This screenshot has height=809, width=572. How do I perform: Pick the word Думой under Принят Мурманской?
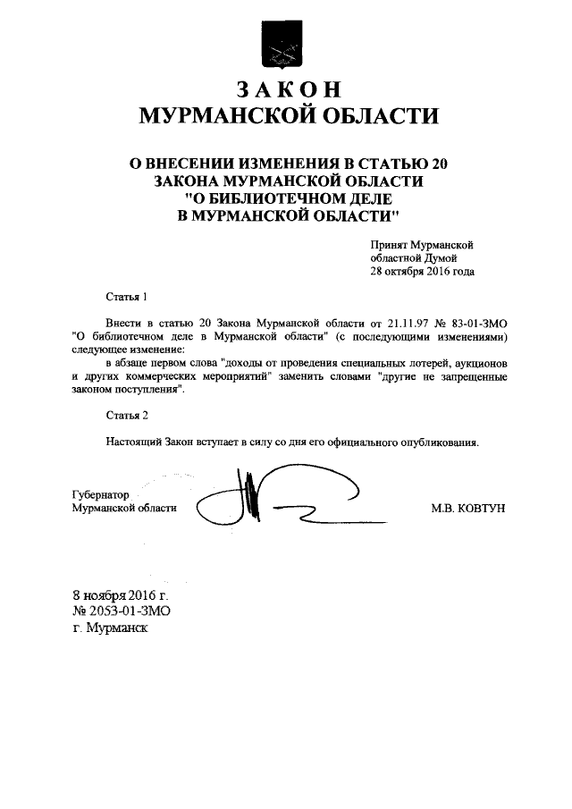449,257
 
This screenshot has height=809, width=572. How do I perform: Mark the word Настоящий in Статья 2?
133,442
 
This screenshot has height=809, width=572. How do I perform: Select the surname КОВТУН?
482,508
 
